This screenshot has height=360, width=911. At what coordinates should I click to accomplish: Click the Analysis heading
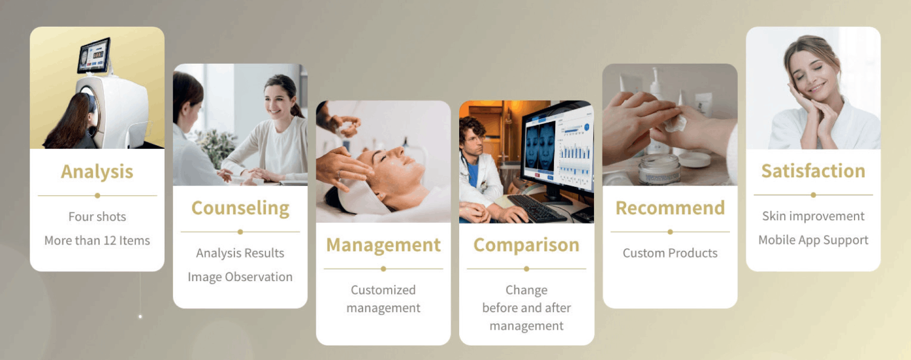[x=97, y=172]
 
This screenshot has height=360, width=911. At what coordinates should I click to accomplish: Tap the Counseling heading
[x=241, y=208]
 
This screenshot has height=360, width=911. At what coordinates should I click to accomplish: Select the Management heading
[x=383, y=245]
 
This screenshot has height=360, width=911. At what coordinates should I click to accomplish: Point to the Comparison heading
[x=527, y=245]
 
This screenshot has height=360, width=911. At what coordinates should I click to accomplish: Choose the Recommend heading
[x=670, y=208]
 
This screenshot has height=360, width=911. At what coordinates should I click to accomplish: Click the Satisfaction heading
[x=813, y=171]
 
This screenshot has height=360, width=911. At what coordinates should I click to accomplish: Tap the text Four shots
[x=97, y=217]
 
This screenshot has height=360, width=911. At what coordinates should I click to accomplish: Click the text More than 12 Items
[x=97, y=240]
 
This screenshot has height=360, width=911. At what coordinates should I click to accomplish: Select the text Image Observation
[x=241, y=277]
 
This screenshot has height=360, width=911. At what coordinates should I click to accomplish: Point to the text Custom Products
[x=670, y=253]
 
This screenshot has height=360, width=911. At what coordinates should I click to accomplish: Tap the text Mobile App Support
[x=813, y=240]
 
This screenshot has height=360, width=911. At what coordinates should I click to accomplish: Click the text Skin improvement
[x=813, y=216]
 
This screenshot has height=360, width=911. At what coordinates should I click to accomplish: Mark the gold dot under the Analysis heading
[x=97, y=195]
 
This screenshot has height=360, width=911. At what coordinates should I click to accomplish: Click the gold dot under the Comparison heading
[x=527, y=269]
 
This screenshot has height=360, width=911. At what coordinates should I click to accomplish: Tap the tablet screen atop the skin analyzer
[x=95, y=55]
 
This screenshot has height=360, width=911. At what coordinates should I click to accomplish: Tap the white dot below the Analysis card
[x=140, y=316]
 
